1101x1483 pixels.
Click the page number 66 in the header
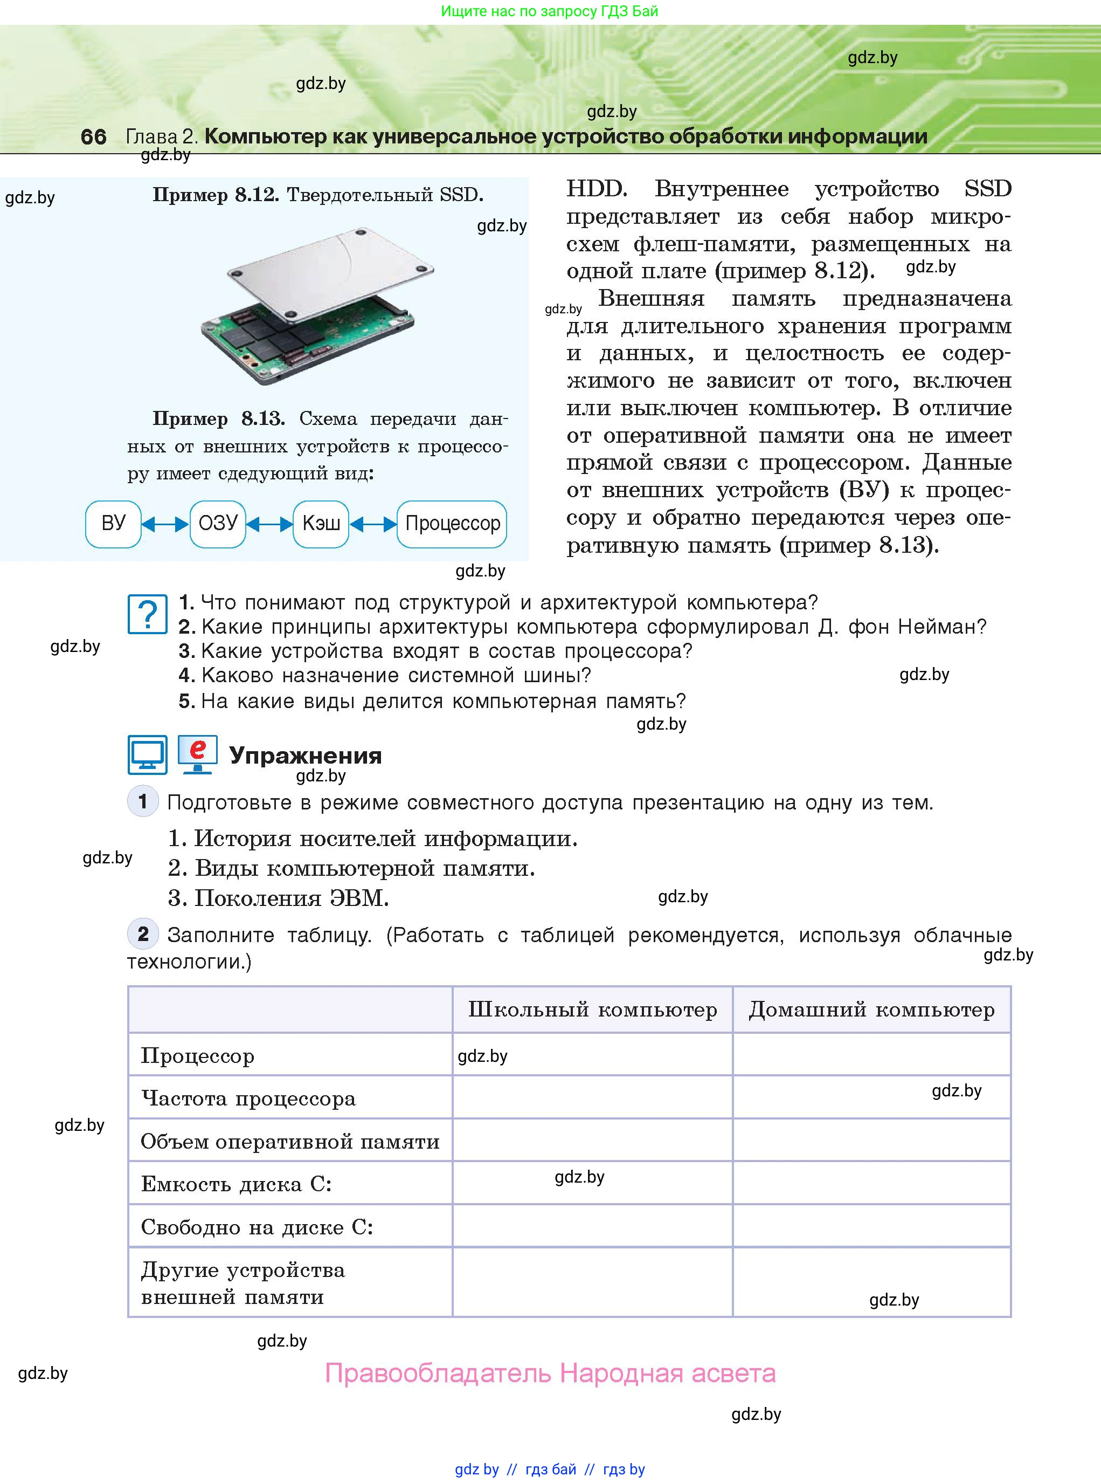93,136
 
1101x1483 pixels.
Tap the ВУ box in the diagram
113,524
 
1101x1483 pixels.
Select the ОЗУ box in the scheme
218,524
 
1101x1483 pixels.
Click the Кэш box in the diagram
321,524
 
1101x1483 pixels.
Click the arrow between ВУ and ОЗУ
165,525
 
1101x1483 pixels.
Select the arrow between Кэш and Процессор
373,525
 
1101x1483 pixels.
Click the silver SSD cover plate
330,270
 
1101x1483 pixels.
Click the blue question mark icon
147,614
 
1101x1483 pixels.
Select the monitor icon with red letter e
197,754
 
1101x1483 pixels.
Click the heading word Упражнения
305,756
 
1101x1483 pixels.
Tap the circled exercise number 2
143,934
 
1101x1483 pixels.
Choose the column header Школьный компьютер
592,1010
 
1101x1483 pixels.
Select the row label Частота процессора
248,1098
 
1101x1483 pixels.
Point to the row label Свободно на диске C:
257,1227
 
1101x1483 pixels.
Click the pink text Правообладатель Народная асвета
551,1373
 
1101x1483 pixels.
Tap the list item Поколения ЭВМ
279,898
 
